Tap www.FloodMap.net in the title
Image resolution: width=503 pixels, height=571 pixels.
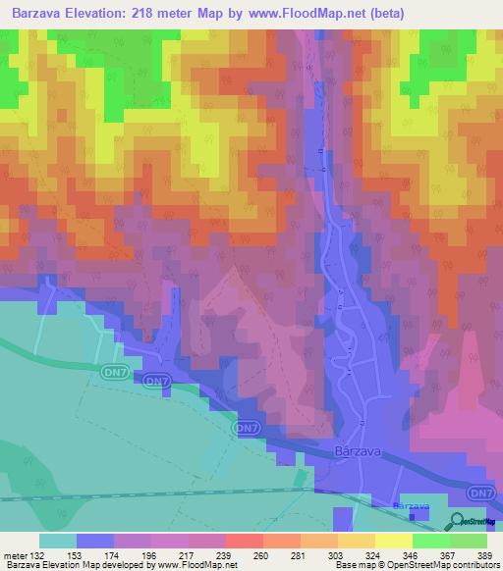(x=302, y=13)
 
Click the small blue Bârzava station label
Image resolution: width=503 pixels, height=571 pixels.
(x=412, y=504)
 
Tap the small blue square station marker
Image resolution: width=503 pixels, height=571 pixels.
(x=413, y=514)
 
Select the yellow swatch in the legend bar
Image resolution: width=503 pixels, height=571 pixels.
(x=393, y=541)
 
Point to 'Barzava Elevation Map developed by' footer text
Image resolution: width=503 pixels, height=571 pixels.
(x=79, y=565)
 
